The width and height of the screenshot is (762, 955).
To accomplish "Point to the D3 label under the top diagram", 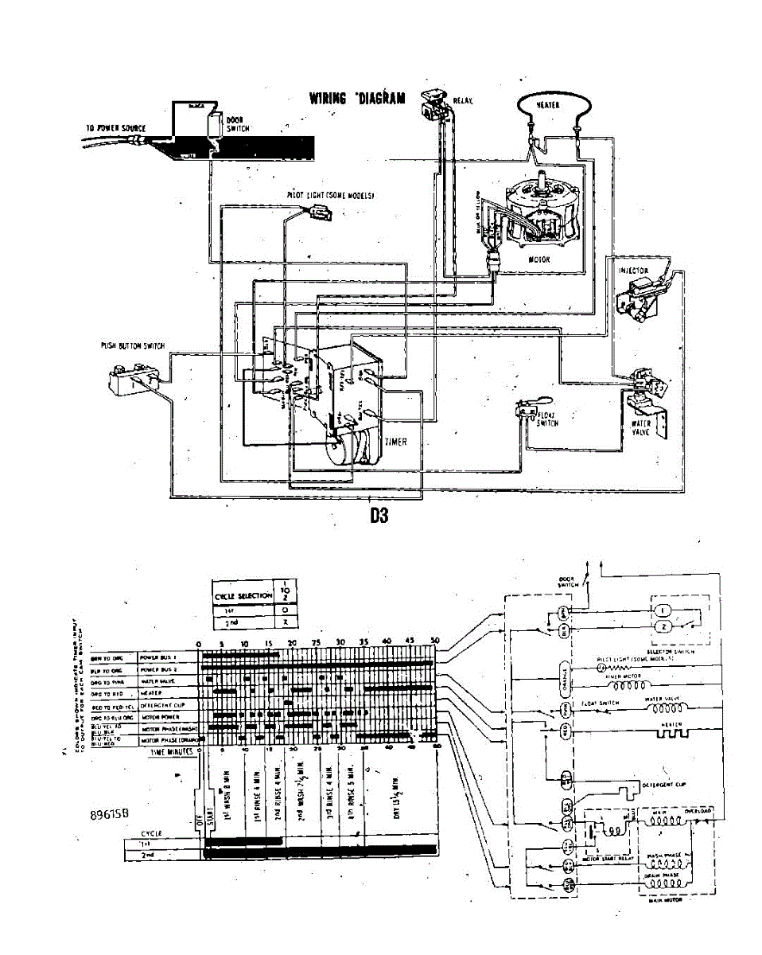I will click(379, 515).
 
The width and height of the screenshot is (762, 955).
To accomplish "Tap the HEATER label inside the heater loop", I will click(551, 104).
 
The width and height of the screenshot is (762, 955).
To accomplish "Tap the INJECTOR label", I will click(633, 271).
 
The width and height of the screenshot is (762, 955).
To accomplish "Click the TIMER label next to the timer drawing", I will click(395, 442).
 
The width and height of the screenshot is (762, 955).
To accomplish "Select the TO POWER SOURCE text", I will click(115, 127).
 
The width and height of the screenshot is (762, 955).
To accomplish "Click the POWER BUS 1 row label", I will click(157, 657).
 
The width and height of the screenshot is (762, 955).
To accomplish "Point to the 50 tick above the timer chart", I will click(434, 641).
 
